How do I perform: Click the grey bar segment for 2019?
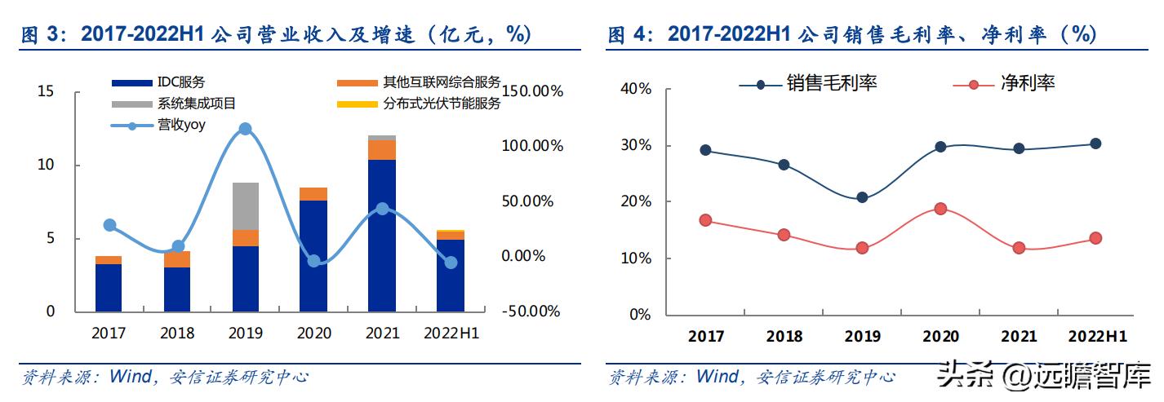pos(245,206)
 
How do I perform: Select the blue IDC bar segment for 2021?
pos(382,235)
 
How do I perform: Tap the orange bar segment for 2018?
pos(176,259)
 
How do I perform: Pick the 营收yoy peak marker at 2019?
pos(245,129)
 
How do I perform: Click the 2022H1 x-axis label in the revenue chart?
pos(451,334)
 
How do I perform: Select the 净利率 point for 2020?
pos(940,209)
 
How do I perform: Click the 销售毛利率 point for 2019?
pos(862,197)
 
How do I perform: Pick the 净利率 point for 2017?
pos(705,220)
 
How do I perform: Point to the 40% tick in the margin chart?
pos(635,90)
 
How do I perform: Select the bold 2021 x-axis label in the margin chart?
pos(1018,337)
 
